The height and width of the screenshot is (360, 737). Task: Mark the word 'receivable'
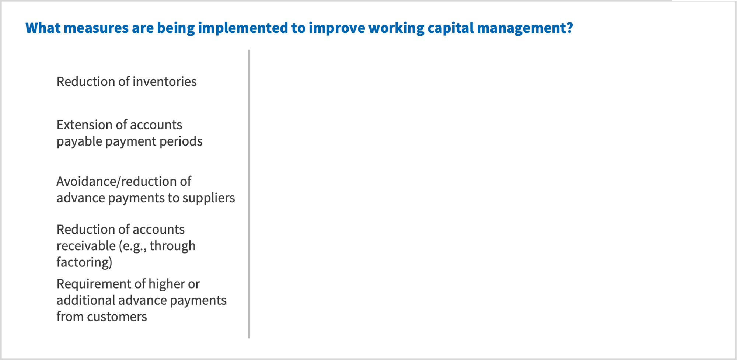(86, 246)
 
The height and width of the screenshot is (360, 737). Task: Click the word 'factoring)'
(84, 262)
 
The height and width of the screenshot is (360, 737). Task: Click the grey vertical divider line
(249, 194)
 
